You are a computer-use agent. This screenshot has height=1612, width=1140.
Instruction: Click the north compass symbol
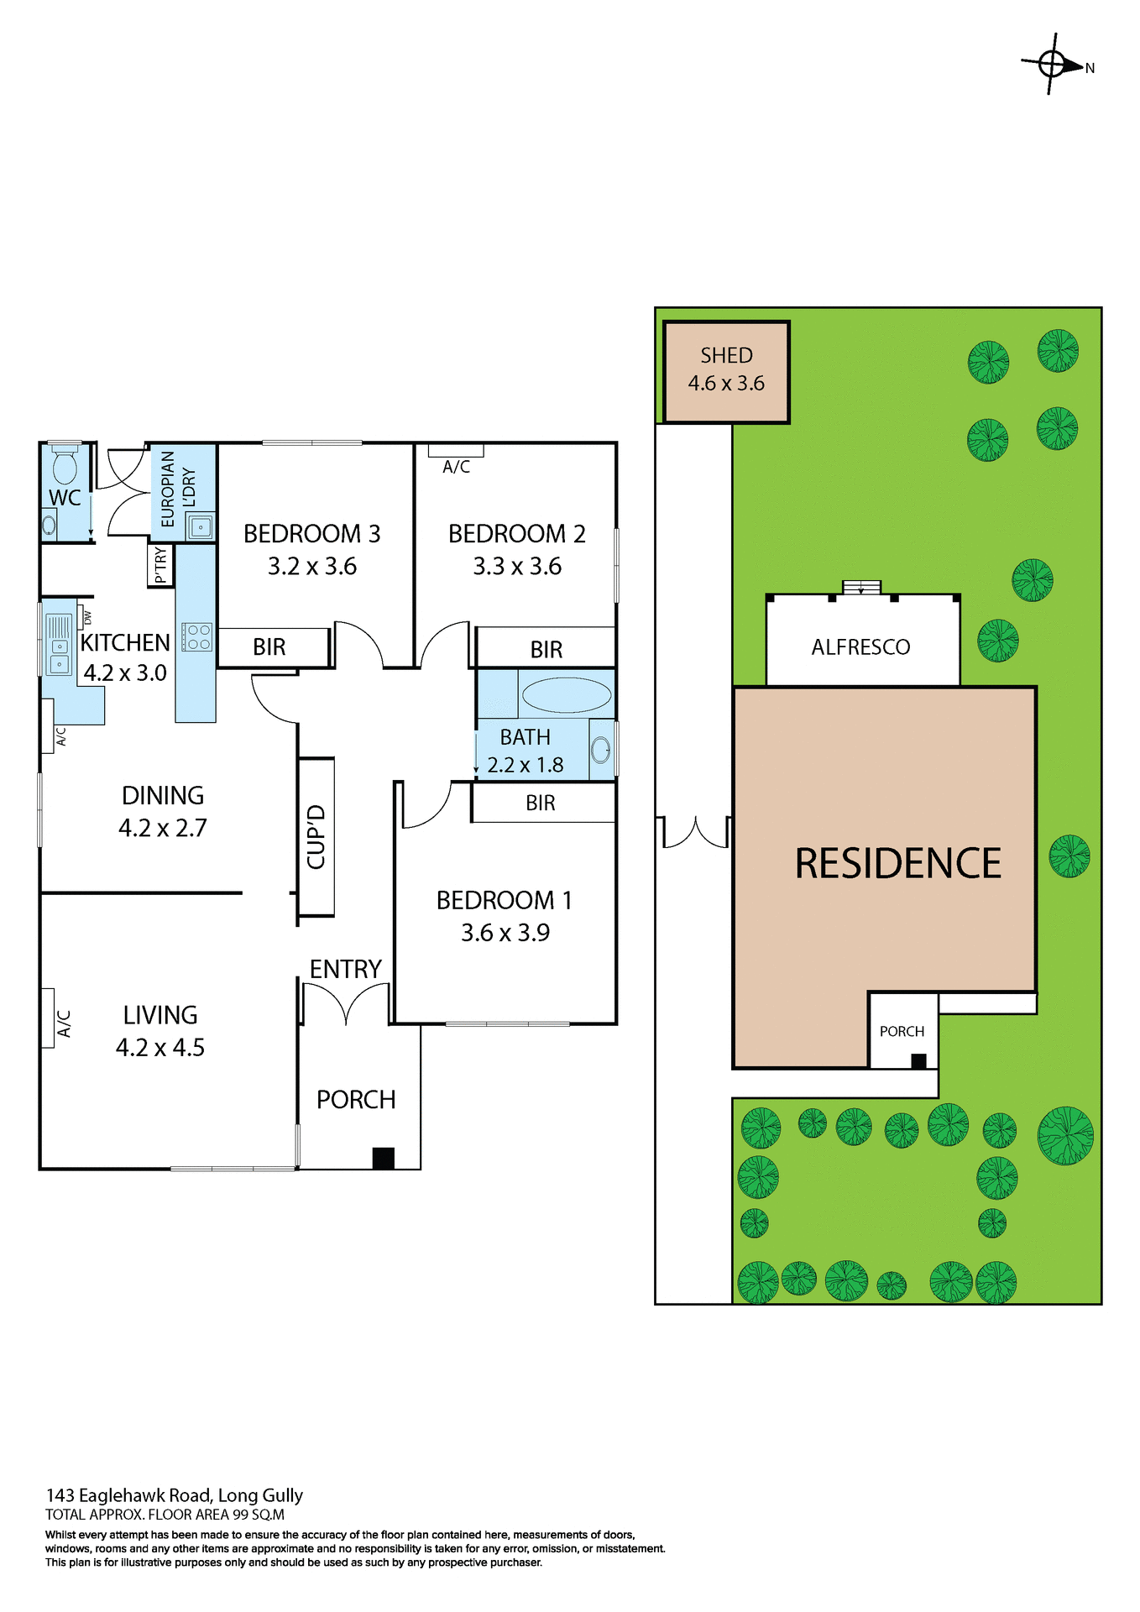click(x=1053, y=64)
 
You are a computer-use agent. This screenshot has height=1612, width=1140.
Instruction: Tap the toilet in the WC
click(x=65, y=463)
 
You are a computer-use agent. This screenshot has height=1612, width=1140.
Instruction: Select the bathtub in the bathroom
click(x=566, y=695)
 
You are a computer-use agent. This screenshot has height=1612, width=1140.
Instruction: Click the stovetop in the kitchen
click(x=198, y=636)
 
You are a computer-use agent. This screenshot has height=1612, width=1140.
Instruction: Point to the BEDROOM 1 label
click(x=505, y=901)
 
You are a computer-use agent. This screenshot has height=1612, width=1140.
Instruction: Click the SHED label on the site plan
click(x=726, y=356)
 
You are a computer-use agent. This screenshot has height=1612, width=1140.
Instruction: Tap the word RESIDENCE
click(x=897, y=864)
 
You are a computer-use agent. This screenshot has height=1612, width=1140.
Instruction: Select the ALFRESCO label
click(x=860, y=647)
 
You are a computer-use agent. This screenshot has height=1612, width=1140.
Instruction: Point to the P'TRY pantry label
click(x=160, y=565)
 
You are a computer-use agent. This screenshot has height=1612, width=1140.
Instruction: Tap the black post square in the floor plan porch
click(x=384, y=1158)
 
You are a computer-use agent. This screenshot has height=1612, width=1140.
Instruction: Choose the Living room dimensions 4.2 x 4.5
click(x=160, y=1048)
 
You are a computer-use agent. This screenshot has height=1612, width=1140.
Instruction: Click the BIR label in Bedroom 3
click(x=269, y=647)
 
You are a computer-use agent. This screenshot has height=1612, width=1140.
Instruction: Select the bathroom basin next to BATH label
click(x=601, y=749)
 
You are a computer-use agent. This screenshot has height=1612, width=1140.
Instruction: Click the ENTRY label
click(x=345, y=970)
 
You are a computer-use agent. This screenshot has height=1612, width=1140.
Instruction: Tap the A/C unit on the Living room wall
click(x=49, y=1018)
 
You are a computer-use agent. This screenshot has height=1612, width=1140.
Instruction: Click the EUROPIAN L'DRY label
click(x=178, y=489)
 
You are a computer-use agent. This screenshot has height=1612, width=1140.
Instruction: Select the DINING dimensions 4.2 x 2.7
click(x=162, y=829)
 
